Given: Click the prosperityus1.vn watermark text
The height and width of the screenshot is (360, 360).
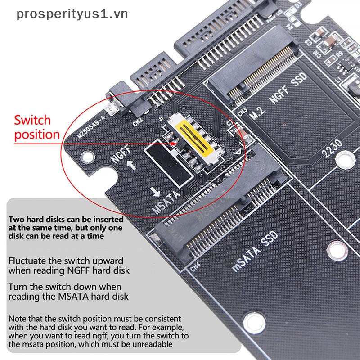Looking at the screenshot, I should (x=72, y=14).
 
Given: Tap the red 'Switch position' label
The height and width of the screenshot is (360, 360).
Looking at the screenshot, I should (x=37, y=127).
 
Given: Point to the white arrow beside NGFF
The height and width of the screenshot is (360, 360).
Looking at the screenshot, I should (x=131, y=165).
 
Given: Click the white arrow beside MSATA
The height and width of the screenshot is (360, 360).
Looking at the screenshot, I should (x=156, y=192).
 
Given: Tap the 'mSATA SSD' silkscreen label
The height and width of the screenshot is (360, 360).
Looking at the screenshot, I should (x=255, y=253).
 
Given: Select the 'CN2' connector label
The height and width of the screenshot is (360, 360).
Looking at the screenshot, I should (x=138, y=120).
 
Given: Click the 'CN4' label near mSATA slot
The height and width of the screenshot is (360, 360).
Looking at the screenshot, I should (x=196, y=269).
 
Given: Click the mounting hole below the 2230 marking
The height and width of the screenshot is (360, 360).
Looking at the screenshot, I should (x=345, y=159).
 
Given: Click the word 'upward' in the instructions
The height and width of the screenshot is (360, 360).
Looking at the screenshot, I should (x=107, y=261).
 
